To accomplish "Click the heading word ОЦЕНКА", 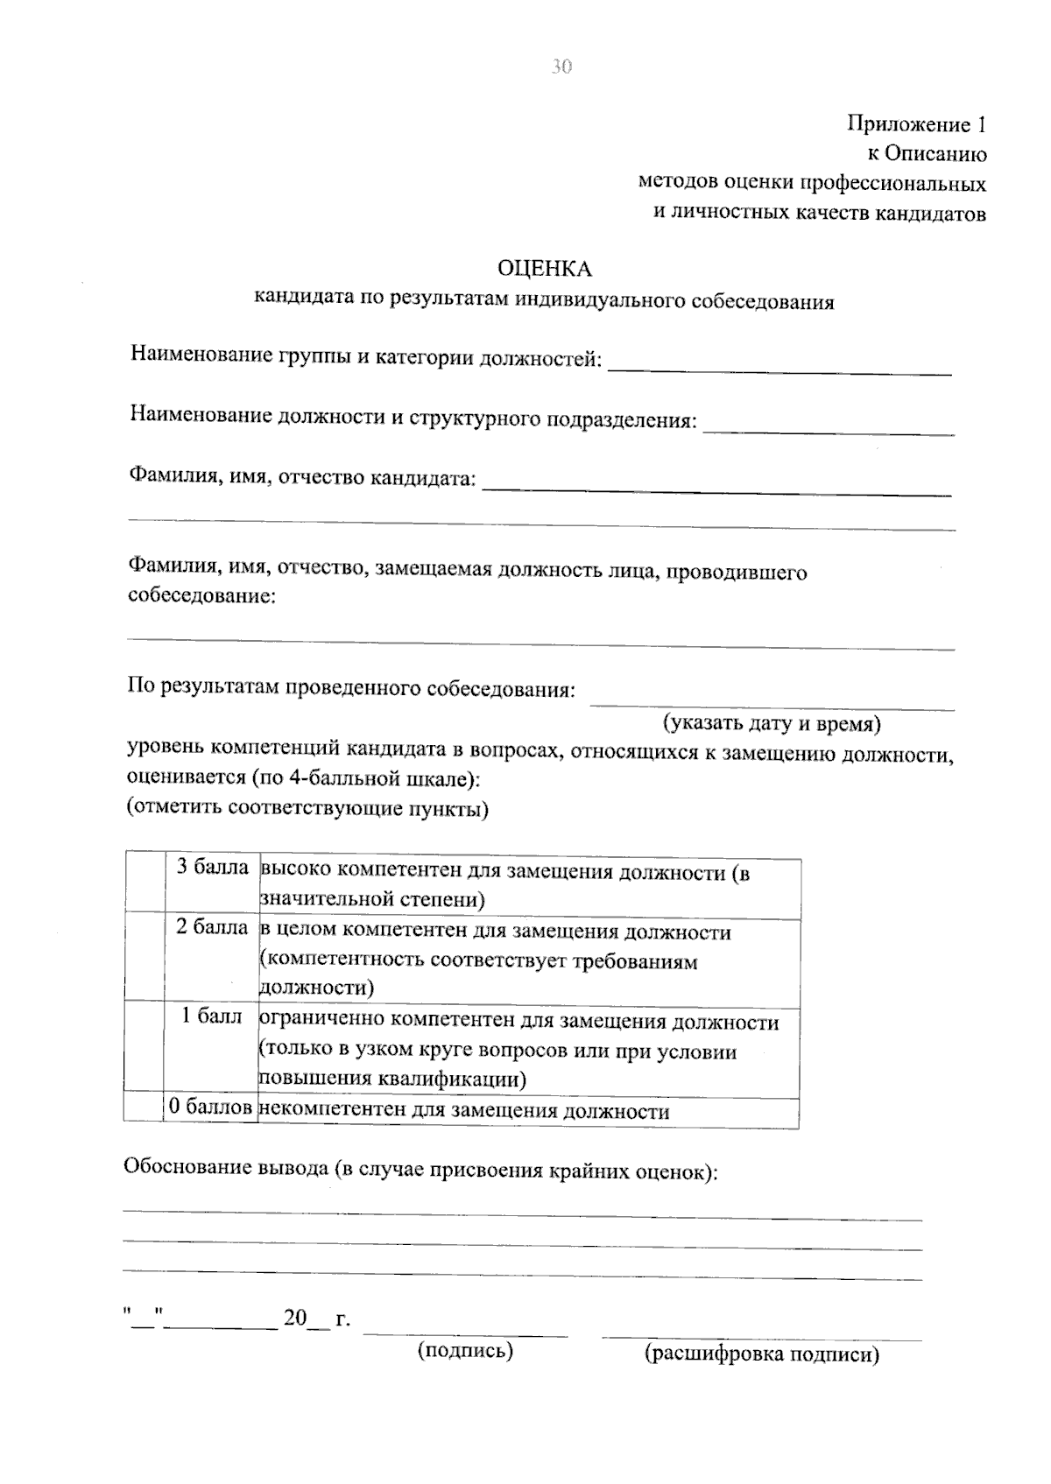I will (x=544, y=268).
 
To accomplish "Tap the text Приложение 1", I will (x=916, y=124).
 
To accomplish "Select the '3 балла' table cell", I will (x=212, y=868).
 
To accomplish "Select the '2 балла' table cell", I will (x=212, y=927).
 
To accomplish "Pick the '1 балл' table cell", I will (x=212, y=1016).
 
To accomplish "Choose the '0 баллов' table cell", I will (x=211, y=1107).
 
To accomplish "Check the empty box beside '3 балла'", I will (x=145, y=883).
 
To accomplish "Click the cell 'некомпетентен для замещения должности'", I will (x=465, y=1111).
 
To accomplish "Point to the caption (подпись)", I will (x=465, y=1351).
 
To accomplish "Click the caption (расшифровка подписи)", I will (x=761, y=1354).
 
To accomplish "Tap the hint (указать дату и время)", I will (x=771, y=724).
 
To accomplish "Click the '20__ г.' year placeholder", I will (x=316, y=1319).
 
